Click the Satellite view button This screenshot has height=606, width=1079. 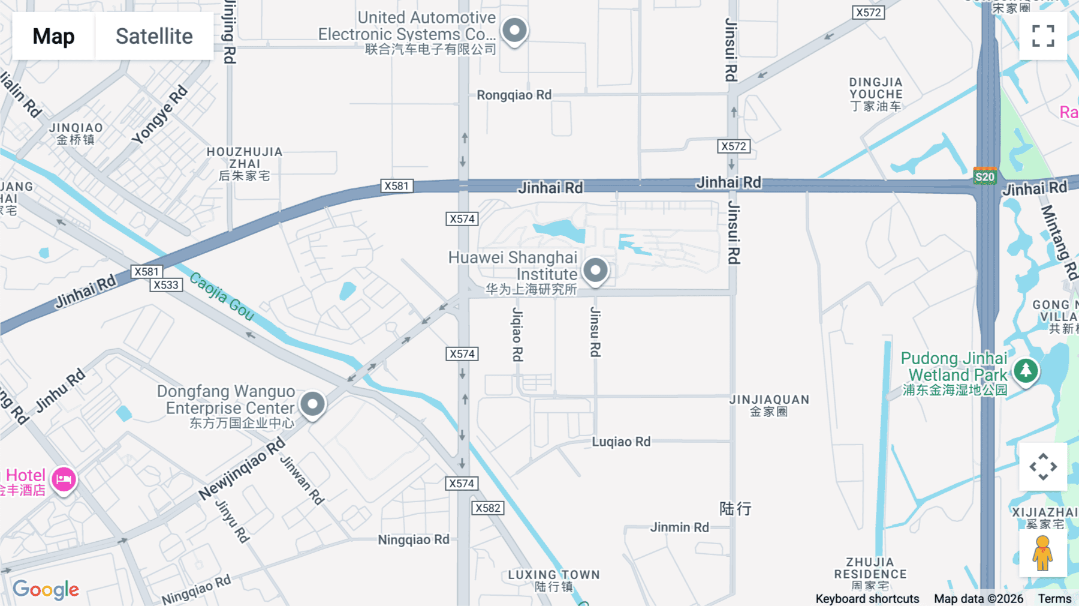[154, 37]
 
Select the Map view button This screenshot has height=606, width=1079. [53, 37]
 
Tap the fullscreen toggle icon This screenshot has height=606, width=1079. [1043, 36]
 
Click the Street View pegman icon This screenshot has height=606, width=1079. [1042, 553]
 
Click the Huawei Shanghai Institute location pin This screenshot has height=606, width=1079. [595, 271]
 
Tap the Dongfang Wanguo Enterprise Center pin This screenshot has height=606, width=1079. [312, 404]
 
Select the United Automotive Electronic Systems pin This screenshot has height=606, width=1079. [514, 30]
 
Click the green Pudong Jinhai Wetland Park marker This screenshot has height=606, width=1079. [1026, 370]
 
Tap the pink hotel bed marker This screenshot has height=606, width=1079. [64, 479]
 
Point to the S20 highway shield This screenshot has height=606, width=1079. [985, 176]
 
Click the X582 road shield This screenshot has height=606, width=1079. [488, 508]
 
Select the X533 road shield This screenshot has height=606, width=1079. [166, 285]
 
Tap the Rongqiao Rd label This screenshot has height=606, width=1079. [514, 95]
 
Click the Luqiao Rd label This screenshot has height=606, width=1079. [621, 442]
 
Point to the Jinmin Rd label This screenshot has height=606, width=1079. [679, 527]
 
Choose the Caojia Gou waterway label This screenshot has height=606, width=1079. [222, 295]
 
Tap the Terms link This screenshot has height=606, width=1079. [1054, 598]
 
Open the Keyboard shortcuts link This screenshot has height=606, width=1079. [867, 598]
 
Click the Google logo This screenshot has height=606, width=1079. [46, 589]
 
